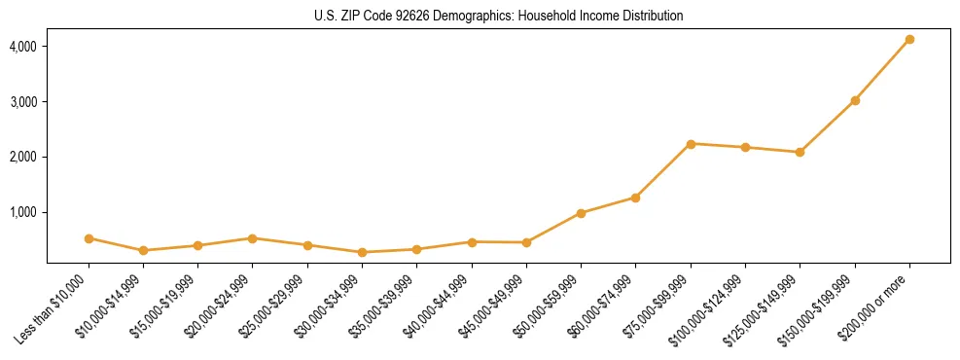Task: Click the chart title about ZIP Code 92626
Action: point(498,17)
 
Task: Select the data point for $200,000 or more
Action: point(909,40)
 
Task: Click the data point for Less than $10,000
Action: point(89,238)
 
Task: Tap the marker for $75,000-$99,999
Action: point(691,144)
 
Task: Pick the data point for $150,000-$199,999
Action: point(855,100)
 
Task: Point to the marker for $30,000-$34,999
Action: point(362,253)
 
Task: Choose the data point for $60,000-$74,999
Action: point(635,198)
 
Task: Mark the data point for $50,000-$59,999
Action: point(581,213)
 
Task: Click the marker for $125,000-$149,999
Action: point(800,152)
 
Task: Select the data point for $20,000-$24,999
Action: point(253,238)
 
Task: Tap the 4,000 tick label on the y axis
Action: point(24,47)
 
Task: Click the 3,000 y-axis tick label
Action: point(24,102)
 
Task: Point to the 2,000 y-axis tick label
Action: point(24,157)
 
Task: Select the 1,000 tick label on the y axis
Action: point(24,212)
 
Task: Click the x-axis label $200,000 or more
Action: point(880,303)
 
